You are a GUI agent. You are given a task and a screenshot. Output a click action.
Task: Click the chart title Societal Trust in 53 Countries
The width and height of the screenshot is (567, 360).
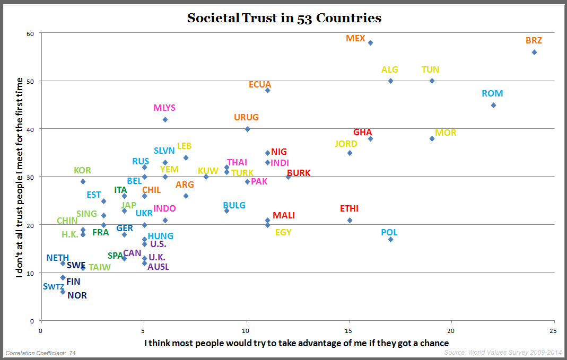284,18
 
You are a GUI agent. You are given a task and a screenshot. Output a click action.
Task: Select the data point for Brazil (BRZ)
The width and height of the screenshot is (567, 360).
534,52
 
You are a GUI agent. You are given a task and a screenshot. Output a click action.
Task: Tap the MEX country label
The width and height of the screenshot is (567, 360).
355,38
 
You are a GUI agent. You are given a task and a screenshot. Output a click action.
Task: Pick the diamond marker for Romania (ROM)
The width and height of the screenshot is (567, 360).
493,105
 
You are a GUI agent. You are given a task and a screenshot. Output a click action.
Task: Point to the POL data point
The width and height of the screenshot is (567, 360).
390,240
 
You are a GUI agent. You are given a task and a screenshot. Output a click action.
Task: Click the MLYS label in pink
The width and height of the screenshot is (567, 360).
164,108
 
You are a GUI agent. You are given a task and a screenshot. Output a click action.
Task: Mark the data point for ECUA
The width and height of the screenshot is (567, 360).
267,91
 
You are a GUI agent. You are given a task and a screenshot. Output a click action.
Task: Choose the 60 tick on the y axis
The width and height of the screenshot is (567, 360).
30,33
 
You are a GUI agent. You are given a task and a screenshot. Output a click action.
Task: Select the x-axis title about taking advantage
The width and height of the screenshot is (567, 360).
296,343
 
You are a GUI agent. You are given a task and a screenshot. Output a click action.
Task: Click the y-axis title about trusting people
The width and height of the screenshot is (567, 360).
20,177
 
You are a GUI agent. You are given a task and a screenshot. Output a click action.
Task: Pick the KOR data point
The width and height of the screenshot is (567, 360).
83,181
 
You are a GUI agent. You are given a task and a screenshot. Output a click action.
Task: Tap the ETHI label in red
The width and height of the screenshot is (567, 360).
350,209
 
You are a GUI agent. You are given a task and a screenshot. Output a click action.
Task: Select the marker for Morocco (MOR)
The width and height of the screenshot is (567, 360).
432,138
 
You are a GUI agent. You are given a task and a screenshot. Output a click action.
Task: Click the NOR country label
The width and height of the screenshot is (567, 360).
77,296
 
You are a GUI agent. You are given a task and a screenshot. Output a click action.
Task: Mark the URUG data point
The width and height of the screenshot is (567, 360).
247,129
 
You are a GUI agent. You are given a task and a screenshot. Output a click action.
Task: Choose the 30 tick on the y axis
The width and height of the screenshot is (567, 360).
30,177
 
